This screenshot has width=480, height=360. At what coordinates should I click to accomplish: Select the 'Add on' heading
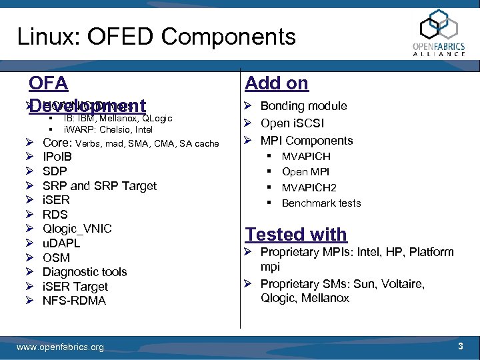[x=277, y=83]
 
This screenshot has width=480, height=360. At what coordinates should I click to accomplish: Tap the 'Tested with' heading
[x=296, y=235]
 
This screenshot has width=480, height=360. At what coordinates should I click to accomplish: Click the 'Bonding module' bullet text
[x=303, y=106]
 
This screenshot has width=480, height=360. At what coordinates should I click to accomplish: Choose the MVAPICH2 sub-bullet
[x=309, y=188]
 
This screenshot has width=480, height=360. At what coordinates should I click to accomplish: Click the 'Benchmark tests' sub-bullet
[x=321, y=203]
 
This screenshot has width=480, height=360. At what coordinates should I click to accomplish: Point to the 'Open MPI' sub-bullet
[x=306, y=172]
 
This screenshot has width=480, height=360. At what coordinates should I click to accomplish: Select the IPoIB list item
[x=57, y=157]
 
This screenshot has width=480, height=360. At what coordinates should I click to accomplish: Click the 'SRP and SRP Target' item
[x=99, y=186]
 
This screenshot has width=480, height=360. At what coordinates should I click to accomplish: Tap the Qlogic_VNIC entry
[x=77, y=229]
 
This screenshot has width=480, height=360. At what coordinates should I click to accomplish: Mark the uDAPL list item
[x=61, y=243]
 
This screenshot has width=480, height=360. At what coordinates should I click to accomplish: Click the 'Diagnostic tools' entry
[x=85, y=272]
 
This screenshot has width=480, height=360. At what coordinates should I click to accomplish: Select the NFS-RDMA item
[x=74, y=301]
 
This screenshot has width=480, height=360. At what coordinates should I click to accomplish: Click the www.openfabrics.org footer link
[x=60, y=347]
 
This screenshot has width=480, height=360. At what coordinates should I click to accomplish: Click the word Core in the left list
[x=57, y=143]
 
